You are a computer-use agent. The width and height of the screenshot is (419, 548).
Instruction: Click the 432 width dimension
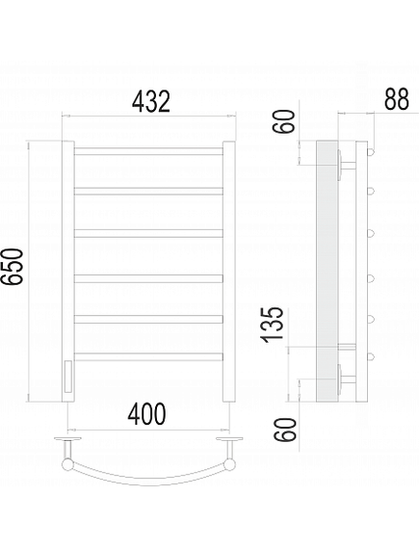[151, 101]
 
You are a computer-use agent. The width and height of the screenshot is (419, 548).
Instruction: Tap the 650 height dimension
[13, 267]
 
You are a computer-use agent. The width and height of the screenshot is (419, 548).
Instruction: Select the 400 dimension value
[146, 414]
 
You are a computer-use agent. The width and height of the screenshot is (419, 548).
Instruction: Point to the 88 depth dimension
[396, 99]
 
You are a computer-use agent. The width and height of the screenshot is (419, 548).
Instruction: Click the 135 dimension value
[272, 324]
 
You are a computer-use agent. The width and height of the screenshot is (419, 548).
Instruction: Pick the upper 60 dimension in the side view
[284, 121]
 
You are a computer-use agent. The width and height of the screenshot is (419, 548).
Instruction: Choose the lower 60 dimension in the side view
[285, 430]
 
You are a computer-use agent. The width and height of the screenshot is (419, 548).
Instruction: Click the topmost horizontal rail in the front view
[148, 151]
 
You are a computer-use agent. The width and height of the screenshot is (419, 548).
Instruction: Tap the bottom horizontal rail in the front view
[148, 356]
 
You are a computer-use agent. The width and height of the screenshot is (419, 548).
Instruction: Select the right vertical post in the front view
[229, 272]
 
